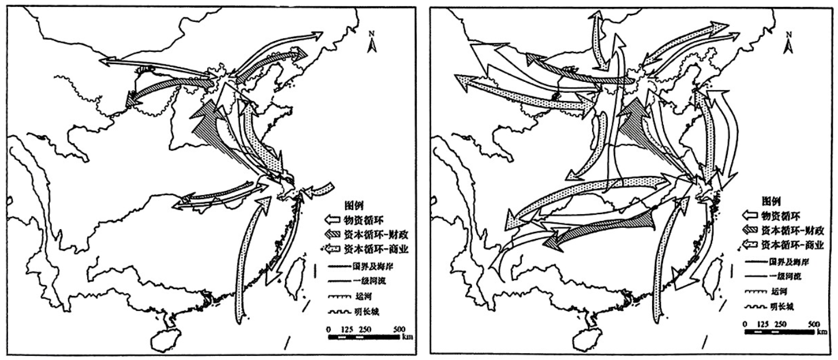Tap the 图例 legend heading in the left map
[x=354, y=207]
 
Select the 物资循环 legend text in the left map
[x=362, y=220]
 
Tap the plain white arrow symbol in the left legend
[x=333, y=220]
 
